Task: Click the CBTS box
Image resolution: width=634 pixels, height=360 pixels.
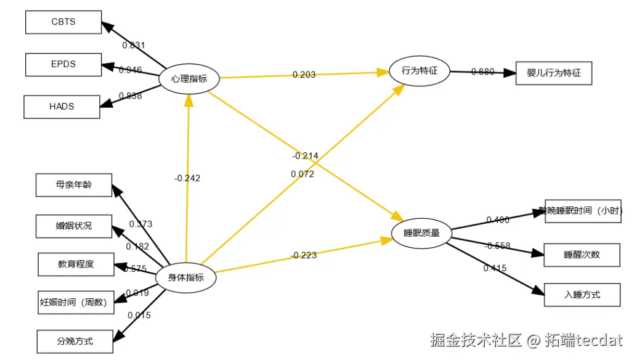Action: pos(63,22)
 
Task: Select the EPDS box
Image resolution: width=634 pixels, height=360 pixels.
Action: pos(63,64)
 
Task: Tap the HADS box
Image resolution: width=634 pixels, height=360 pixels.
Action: pos(62,106)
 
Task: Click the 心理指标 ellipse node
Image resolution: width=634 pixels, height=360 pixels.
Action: pos(189,79)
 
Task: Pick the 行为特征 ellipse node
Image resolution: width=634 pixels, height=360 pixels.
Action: pos(419,71)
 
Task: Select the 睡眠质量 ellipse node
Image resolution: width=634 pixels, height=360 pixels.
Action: pos(421,233)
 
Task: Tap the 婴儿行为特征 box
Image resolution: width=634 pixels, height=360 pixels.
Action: pos(553,73)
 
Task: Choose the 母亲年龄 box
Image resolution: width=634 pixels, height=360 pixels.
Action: pos(73,184)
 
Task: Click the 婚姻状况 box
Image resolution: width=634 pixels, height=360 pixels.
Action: pos(73,226)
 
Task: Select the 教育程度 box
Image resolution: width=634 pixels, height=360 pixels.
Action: pos(76,264)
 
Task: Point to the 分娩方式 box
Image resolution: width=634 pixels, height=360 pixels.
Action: pos(75,341)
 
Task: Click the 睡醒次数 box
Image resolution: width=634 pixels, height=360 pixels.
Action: pos(582,254)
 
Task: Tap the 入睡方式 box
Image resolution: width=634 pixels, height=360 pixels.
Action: pos(582,295)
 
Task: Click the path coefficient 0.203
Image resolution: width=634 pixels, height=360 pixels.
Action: pos(304,75)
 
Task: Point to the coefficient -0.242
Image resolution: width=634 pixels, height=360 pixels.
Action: pos(187,178)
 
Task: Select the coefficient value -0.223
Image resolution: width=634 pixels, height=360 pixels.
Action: pos(303,255)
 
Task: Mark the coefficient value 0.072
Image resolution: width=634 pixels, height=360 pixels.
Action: pos(303,174)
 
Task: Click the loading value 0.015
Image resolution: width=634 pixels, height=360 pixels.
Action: pos(139,315)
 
